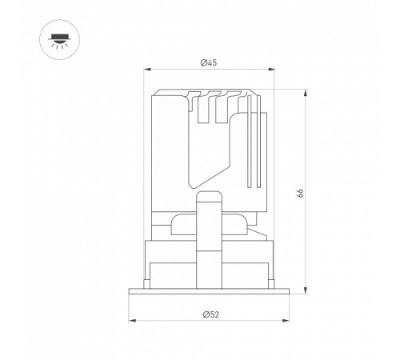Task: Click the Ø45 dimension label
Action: tap(209, 63)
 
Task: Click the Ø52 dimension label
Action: tap(211, 314)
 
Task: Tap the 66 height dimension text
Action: tap(300, 193)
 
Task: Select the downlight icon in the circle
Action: tap(59, 41)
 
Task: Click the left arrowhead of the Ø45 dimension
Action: tap(147, 70)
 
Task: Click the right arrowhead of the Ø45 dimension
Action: tap(271, 70)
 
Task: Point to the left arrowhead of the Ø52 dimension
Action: tap(132, 320)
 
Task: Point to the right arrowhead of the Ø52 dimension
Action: tap(286, 320)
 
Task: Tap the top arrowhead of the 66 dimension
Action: tap(306, 93)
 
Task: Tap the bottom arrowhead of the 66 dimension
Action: tap(306, 290)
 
